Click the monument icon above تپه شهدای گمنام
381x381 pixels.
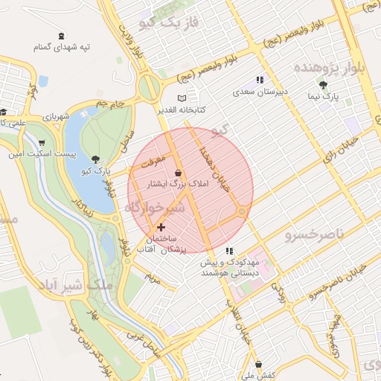click(x=61, y=35)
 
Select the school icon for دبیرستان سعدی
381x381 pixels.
click(x=260, y=80)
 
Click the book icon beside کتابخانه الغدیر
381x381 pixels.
click(x=182, y=97)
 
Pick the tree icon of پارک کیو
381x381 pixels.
click(x=95, y=159)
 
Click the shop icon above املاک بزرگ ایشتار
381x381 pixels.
click(x=177, y=172)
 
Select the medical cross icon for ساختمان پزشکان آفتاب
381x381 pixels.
click(x=161, y=226)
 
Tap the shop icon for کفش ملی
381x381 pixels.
click(x=258, y=365)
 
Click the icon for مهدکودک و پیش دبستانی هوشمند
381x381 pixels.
click(x=230, y=251)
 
